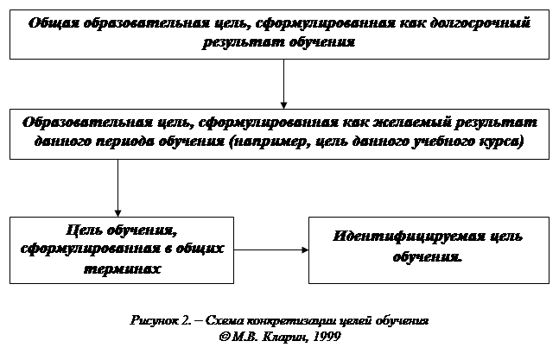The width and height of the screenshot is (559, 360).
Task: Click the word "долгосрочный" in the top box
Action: point(480,23)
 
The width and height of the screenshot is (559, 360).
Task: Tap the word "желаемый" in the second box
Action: point(411,123)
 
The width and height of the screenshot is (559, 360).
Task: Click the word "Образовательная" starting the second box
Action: point(87,123)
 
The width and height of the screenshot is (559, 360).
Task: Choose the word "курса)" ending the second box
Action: point(502,142)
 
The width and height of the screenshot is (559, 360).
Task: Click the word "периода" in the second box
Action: point(124,142)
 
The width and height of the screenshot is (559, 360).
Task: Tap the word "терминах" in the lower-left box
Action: point(122,268)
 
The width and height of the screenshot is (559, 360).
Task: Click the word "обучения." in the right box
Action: point(427,256)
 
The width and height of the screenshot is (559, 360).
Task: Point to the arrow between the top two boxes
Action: point(283,84)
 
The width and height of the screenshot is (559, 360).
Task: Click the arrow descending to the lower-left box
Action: point(118,188)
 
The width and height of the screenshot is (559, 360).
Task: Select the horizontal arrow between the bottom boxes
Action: point(271,250)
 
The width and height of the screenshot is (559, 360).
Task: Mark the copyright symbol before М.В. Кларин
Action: point(225,337)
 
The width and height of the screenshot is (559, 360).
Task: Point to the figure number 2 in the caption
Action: point(186,320)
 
